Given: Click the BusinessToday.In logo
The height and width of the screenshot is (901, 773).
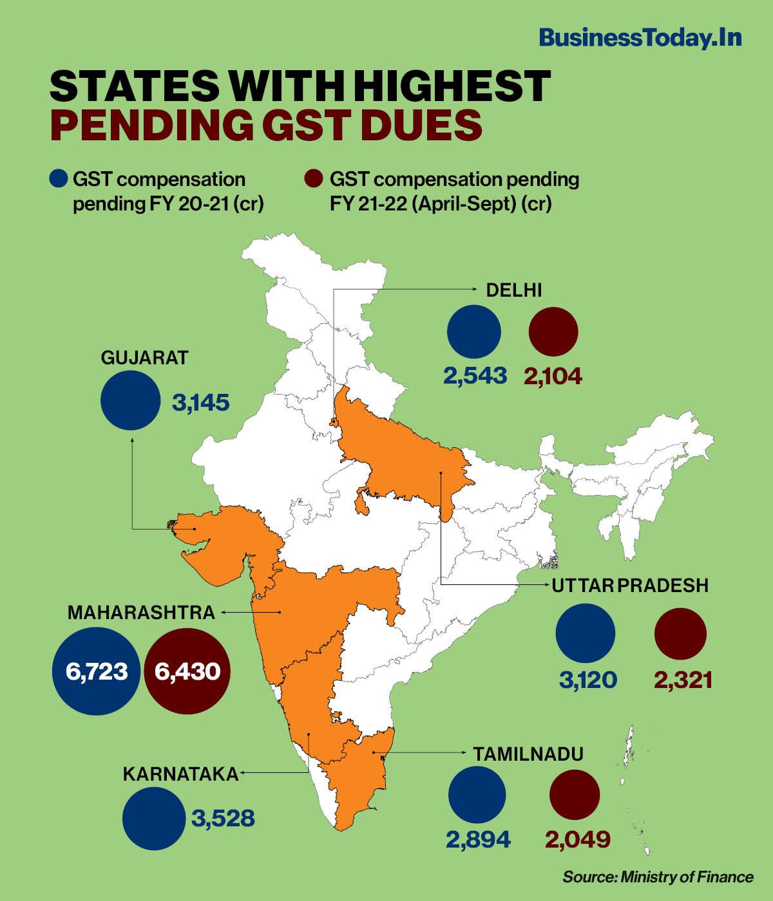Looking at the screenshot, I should [x=640, y=38].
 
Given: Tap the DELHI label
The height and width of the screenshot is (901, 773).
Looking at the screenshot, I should [x=513, y=291].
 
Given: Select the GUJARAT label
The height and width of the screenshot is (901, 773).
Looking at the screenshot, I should [x=144, y=358].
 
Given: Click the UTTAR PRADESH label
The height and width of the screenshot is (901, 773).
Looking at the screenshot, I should [x=629, y=586].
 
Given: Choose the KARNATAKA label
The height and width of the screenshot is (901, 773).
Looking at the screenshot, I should [x=180, y=774].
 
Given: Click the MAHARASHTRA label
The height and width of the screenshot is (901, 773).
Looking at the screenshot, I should [x=141, y=612].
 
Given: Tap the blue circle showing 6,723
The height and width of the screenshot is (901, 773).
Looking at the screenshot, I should [x=96, y=672].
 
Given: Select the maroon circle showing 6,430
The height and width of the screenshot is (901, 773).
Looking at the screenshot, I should [x=187, y=672].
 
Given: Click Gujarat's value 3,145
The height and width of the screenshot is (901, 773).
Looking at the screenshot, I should [x=200, y=404].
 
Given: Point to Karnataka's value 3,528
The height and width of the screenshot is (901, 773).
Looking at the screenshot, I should [x=223, y=819].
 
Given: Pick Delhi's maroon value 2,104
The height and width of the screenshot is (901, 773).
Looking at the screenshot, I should [x=553, y=376].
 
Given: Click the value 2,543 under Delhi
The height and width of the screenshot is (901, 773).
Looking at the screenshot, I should [x=475, y=376].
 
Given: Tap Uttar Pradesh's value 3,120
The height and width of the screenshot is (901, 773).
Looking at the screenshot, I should [x=588, y=680].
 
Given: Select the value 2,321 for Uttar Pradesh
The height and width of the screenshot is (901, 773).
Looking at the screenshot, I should [x=683, y=680].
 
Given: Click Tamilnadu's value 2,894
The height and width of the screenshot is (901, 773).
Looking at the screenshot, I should [x=478, y=839].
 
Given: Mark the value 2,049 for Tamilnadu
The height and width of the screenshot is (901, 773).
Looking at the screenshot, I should [x=577, y=839].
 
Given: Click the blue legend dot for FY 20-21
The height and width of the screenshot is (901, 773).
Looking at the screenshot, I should [x=59, y=179].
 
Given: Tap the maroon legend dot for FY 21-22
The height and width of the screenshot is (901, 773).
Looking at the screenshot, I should [x=314, y=179].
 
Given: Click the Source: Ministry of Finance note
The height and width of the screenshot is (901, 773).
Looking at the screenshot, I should [x=658, y=877].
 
